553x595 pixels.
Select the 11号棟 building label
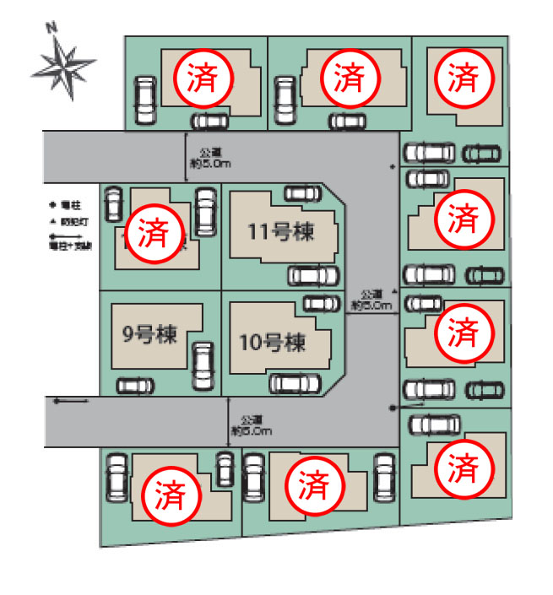point(281,231)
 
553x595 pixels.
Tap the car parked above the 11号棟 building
point(302,194)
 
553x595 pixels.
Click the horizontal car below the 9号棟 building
point(136,386)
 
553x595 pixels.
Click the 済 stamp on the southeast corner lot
point(462,467)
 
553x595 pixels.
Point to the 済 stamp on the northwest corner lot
point(202,78)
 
